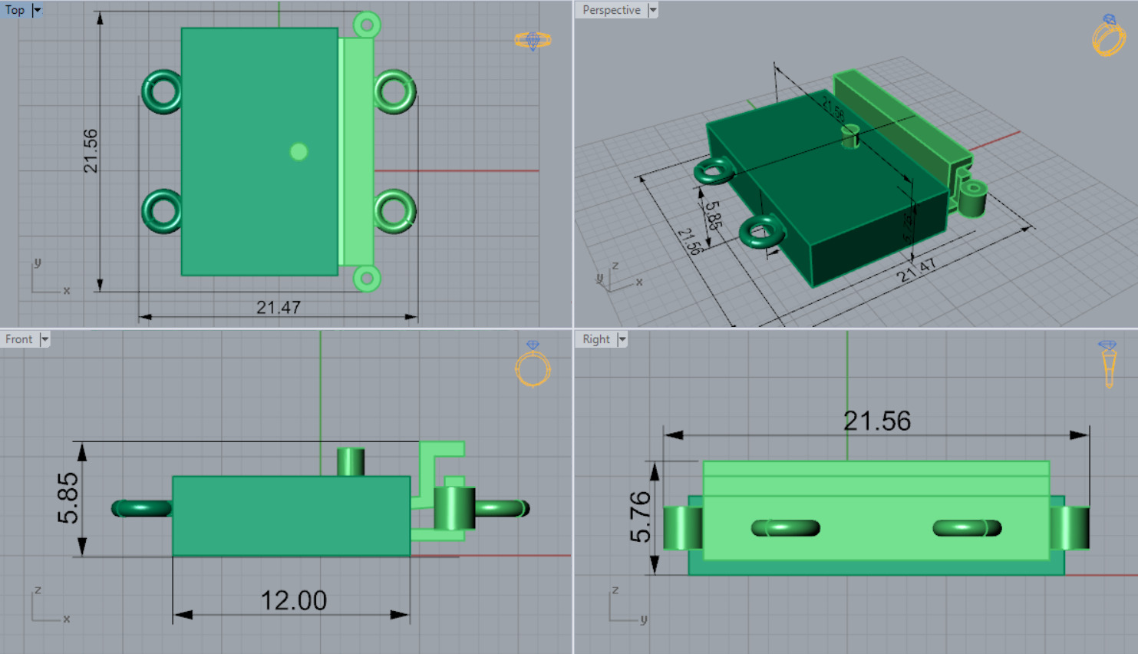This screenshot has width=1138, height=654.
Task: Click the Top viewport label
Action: pyautogui.click(x=15, y=10)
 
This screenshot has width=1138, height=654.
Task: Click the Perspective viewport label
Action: pyautogui.click(x=611, y=10)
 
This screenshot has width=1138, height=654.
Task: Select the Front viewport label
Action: pyautogui.click(x=19, y=339)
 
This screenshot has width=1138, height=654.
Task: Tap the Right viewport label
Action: pyautogui.click(x=595, y=339)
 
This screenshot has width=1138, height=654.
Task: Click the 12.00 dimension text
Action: pyautogui.click(x=293, y=600)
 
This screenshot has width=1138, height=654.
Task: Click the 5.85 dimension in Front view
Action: pyautogui.click(x=68, y=498)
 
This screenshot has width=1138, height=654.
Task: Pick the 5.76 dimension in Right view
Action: pyautogui.click(x=640, y=517)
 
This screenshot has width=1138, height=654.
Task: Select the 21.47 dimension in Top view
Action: pyautogui.click(x=278, y=308)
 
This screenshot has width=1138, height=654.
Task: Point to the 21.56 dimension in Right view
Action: pyautogui.click(x=876, y=421)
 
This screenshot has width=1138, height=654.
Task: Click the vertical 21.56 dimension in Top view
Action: pyautogui.click(x=91, y=150)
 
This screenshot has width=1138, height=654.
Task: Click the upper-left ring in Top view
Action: pyautogui.click(x=162, y=92)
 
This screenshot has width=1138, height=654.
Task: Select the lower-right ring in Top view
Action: pyautogui.click(x=395, y=211)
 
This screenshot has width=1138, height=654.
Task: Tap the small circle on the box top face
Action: pyautogui.click(x=299, y=152)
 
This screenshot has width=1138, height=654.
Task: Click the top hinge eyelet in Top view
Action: pyautogui.click(x=367, y=25)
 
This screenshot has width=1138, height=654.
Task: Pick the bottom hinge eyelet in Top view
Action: pyautogui.click(x=367, y=278)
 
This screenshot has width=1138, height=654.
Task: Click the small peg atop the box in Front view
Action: pyautogui.click(x=351, y=461)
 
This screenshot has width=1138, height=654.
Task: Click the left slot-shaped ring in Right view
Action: pyautogui.click(x=786, y=528)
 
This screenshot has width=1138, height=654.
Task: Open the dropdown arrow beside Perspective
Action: pyautogui.click(x=652, y=10)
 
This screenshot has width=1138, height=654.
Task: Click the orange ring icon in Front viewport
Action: pyautogui.click(x=533, y=369)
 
